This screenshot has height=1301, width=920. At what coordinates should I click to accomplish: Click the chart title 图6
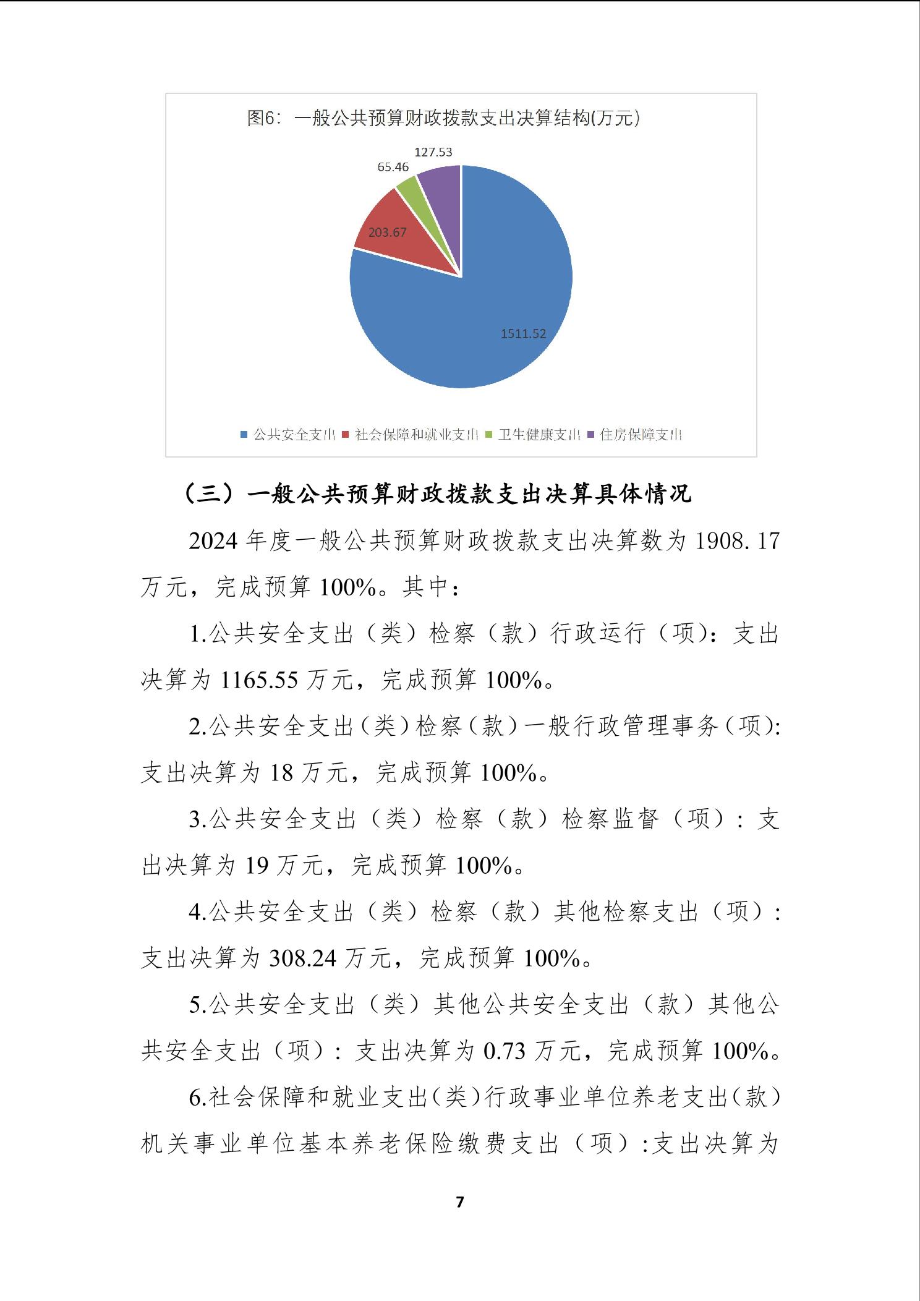pyautogui.click(x=443, y=118)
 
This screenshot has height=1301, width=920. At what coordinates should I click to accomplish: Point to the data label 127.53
pyautogui.click(x=433, y=152)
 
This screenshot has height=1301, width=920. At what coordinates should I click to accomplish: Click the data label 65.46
pyautogui.click(x=393, y=167)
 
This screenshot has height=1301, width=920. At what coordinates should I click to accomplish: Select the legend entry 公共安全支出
pyautogui.click(x=288, y=435)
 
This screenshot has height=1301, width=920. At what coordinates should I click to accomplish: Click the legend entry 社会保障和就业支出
pyautogui.click(x=411, y=435)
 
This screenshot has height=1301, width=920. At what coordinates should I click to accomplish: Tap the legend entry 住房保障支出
pyautogui.click(x=634, y=435)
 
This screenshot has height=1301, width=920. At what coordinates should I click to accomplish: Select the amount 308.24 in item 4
pyautogui.click(x=303, y=959)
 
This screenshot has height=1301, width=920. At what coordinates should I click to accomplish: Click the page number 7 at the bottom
pyautogui.click(x=459, y=1215)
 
